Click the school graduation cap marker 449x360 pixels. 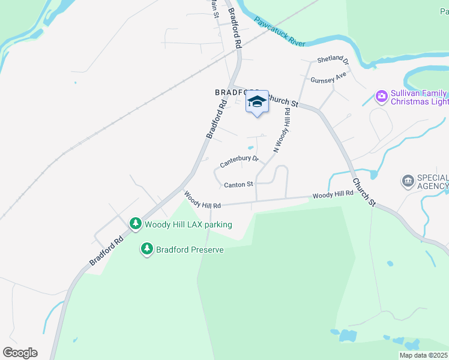(x=257, y=102)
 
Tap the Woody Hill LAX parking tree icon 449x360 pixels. (x=136, y=224)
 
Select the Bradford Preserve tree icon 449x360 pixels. (x=146, y=249)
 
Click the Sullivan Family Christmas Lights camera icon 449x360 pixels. (x=381, y=96)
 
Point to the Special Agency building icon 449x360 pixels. (x=408, y=181)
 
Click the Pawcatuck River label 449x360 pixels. (x=279, y=32)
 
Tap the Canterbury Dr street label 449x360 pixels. (x=239, y=161)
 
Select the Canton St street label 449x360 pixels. (x=238, y=185)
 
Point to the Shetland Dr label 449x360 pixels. (x=333, y=59)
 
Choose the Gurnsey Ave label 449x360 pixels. (x=328, y=78)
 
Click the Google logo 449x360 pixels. (x=20, y=352)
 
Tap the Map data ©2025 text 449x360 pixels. (x=424, y=355)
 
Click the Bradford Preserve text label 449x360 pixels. (x=190, y=250)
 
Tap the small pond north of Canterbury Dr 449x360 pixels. (x=250, y=149)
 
